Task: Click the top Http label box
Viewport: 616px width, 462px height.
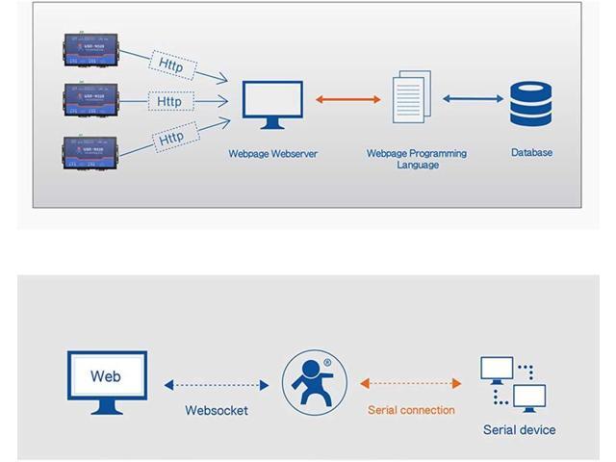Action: pos(172,64)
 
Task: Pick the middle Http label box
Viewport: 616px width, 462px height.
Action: pos(169,101)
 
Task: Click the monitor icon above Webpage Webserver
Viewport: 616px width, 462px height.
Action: pos(271,104)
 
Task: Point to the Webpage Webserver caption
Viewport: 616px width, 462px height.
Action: pos(272,153)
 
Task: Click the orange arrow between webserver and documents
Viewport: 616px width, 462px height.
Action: pos(348,99)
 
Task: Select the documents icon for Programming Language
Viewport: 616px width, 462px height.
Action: pos(412,96)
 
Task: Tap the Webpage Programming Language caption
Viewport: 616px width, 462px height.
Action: pos(417,159)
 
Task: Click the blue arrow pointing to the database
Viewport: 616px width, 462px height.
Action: pos(473,99)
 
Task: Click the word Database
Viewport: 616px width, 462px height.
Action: pos(531,152)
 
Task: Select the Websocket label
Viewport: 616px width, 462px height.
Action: pos(217,410)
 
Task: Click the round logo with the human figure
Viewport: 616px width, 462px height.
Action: pos(314,381)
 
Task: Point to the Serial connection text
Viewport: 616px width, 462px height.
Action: pos(411,410)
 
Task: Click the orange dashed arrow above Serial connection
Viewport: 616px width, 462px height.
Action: pos(411,384)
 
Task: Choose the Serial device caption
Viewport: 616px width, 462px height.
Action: pos(519,429)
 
